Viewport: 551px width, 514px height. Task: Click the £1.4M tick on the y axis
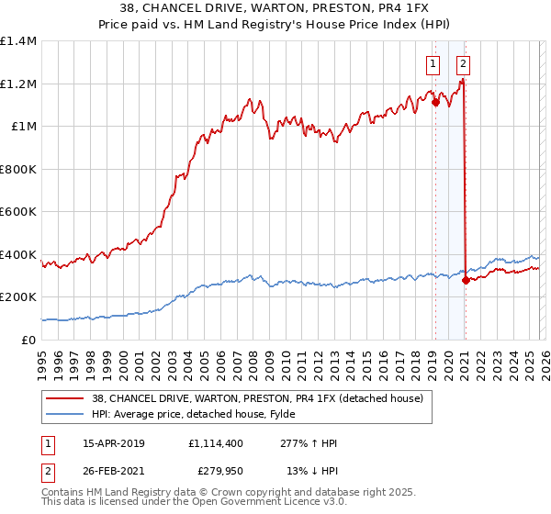18,41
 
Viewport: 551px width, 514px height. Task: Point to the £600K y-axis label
18,211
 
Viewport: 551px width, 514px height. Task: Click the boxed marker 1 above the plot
433,64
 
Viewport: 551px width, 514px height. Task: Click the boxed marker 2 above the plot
462,64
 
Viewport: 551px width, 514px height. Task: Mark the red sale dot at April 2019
434,103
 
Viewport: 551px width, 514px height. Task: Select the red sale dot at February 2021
466,281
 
